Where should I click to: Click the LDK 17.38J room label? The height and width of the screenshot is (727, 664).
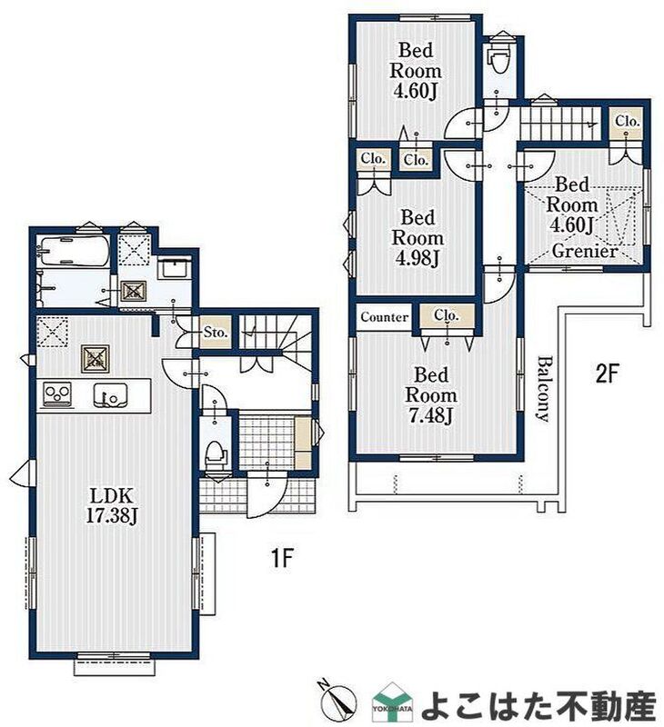(x=112, y=505)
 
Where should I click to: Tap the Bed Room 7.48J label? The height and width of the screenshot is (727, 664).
(x=430, y=395)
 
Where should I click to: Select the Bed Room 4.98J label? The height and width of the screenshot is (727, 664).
(x=418, y=238)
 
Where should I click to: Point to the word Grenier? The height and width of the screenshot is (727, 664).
(x=585, y=252)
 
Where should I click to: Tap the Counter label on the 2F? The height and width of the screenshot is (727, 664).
(x=384, y=317)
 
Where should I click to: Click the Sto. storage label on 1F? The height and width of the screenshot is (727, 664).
(x=216, y=332)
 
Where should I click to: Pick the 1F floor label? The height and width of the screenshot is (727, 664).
(x=282, y=558)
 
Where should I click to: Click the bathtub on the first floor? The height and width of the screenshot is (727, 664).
(x=75, y=251)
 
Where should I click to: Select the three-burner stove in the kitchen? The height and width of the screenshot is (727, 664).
(x=57, y=394)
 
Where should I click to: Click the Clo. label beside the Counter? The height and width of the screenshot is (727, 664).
(x=447, y=315)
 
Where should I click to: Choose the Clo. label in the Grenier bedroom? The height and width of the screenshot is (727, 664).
(x=628, y=121)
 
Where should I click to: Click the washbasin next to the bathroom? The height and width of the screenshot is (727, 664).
(x=173, y=269)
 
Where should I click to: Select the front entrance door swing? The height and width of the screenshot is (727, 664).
(x=267, y=494)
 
